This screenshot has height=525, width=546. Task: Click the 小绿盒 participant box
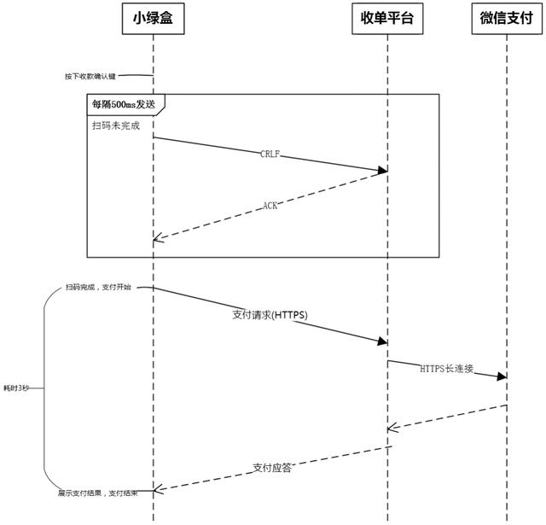154,19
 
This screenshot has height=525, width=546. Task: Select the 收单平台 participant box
386,19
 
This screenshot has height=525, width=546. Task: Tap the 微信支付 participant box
506,19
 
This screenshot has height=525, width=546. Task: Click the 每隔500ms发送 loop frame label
124,104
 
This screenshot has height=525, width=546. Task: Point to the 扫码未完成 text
115,125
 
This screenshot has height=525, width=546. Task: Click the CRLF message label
270,155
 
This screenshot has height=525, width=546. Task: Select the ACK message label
270,205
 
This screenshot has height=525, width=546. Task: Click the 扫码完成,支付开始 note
98,287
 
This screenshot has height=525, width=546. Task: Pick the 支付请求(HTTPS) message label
270,314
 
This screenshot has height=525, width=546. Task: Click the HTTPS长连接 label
446,369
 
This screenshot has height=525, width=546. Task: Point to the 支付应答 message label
272,467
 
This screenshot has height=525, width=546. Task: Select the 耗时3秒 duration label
15,388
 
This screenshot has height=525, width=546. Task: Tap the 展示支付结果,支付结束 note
98,493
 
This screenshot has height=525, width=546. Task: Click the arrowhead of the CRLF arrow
383,171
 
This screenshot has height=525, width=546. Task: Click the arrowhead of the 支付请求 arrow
383,341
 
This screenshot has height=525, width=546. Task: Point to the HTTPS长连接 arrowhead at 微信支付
502,376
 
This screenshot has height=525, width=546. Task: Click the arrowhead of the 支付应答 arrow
158,490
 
